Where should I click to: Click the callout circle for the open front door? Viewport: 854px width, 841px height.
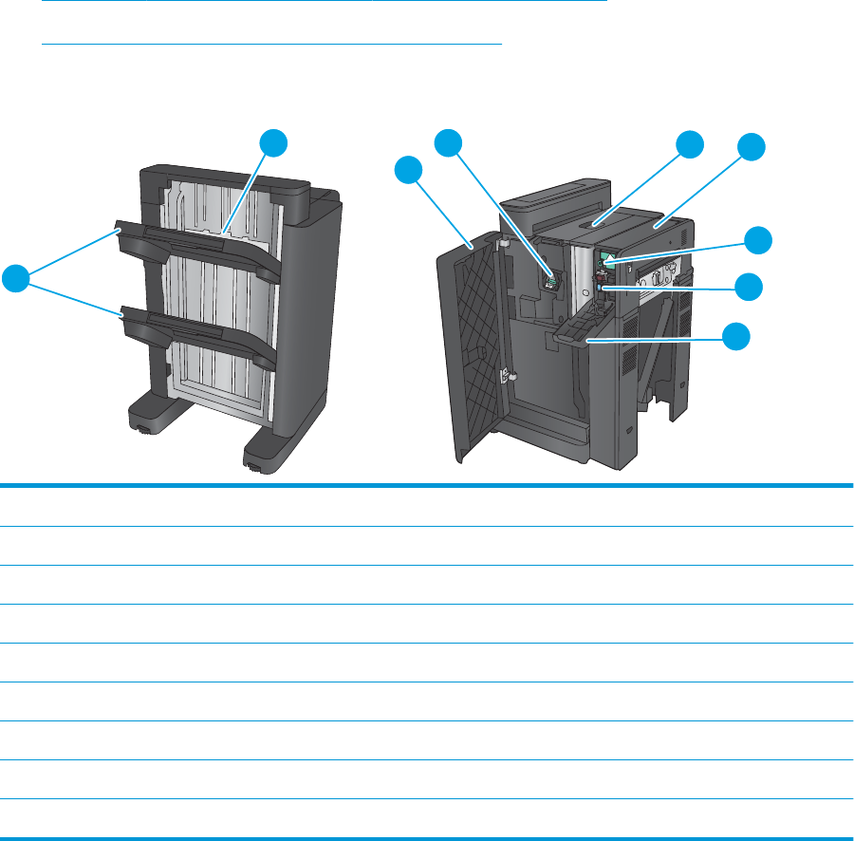click(x=409, y=171)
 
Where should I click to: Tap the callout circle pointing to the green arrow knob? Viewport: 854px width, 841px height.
click(x=756, y=240)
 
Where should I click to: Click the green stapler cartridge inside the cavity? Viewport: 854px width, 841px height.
click(x=551, y=279)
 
